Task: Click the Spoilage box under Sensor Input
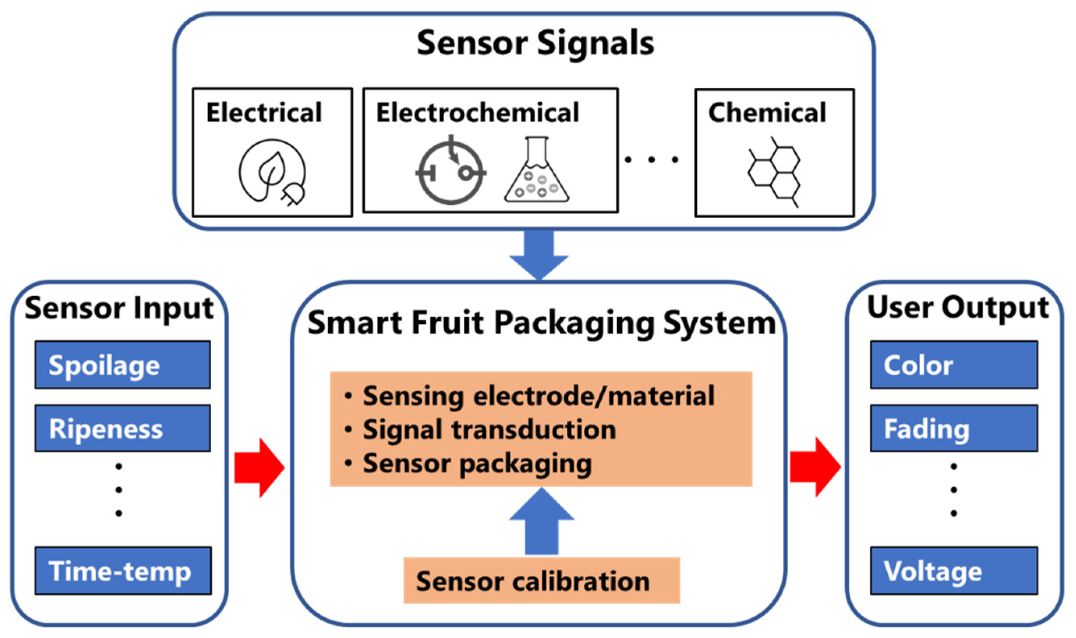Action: (x=122, y=365)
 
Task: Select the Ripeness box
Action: (x=122, y=428)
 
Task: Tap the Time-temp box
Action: (x=123, y=571)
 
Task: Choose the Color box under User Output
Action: (x=954, y=365)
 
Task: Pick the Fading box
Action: (x=954, y=428)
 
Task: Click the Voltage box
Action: (x=954, y=571)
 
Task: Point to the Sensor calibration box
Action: (x=541, y=581)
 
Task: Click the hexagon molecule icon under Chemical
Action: (x=774, y=172)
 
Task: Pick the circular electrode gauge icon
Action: (x=451, y=172)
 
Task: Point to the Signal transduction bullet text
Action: (x=489, y=429)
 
